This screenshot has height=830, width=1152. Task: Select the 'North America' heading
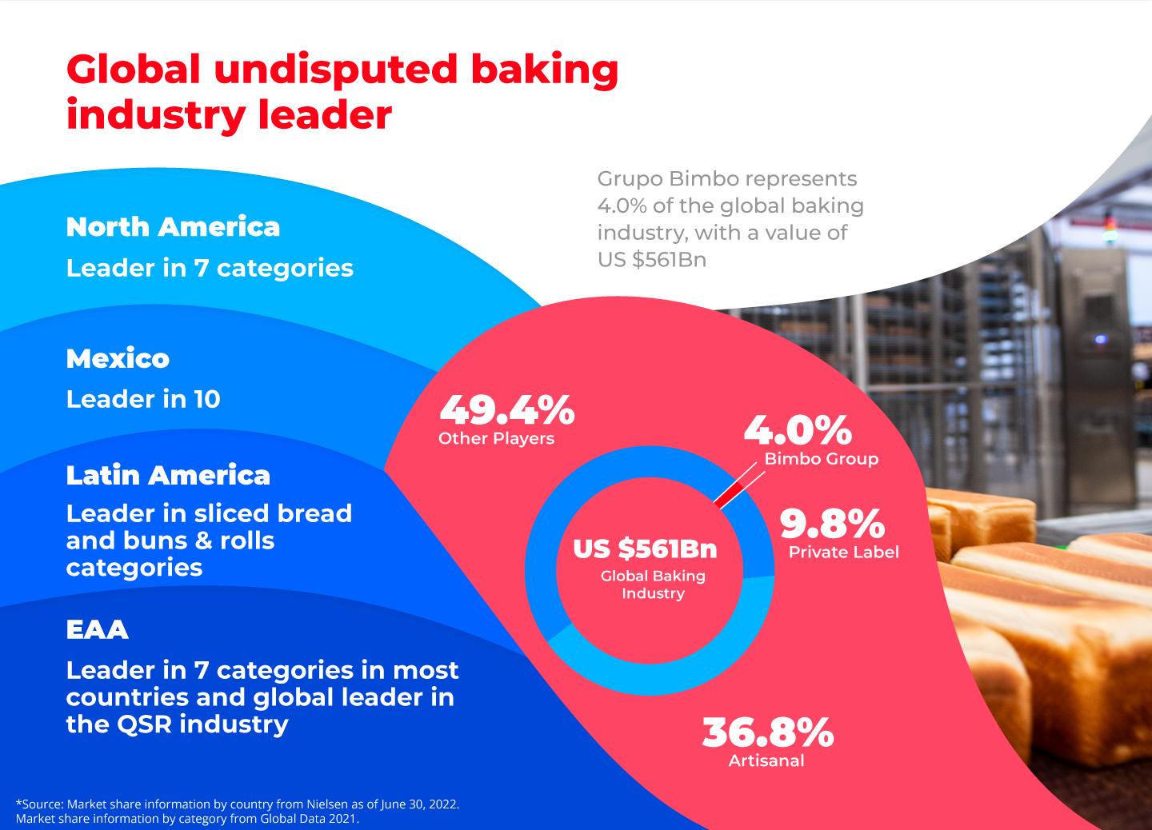pyautogui.click(x=173, y=226)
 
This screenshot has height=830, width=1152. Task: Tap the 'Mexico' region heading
pyautogui.click(x=118, y=358)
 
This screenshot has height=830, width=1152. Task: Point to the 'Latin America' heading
pyautogui.click(x=168, y=475)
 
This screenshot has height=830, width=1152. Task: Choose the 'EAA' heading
pyautogui.click(x=98, y=629)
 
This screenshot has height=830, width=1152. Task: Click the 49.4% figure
pyautogui.click(x=507, y=410)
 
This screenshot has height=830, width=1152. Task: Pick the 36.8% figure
pyautogui.click(x=768, y=732)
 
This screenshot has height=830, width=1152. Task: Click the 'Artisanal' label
pyautogui.click(x=766, y=760)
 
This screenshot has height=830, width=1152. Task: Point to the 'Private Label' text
pyautogui.click(x=844, y=552)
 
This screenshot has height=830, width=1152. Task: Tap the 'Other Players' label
pyautogui.click(x=496, y=438)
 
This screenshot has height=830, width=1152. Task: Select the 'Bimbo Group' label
pyautogui.click(x=822, y=458)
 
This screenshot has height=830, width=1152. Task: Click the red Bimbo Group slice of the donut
pyautogui.click(x=728, y=496)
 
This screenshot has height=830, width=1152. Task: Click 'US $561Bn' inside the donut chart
pyautogui.click(x=645, y=549)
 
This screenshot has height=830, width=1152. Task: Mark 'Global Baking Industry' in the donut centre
pyautogui.click(x=653, y=585)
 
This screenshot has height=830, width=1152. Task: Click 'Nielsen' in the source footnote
pyautogui.click(x=326, y=804)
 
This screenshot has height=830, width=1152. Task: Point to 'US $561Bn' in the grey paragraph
pyautogui.click(x=651, y=260)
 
